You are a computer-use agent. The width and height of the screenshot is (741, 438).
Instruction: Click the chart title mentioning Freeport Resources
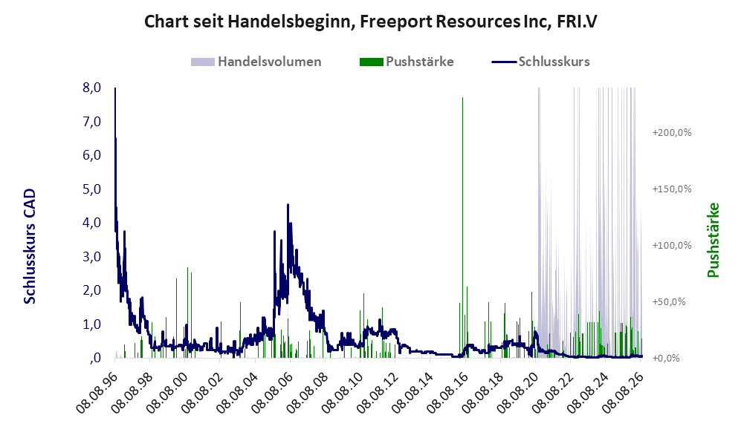click(370, 22)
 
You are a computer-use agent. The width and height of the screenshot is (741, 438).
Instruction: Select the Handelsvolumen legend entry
click(256, 62)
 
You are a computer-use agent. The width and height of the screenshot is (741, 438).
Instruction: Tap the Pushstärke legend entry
click(407, 62)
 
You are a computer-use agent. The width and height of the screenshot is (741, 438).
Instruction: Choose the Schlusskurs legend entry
click(540, 62)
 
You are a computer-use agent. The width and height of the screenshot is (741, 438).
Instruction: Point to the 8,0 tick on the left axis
click(91, 88)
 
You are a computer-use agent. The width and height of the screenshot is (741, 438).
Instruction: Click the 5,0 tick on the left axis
click(91, 189)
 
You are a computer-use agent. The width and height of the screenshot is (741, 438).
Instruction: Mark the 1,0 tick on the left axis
click(91, 324)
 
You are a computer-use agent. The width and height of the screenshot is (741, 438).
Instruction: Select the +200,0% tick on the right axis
click(672, 133)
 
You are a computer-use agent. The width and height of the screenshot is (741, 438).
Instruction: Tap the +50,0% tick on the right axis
click(669, 301)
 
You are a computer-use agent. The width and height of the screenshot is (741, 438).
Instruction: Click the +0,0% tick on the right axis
click(666, 359)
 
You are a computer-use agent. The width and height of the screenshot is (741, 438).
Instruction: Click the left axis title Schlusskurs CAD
click(30, 246)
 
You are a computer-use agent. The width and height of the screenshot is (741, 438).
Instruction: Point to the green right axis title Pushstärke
click(713, 241)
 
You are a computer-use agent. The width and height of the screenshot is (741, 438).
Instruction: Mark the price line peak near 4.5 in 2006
click(288, 205)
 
